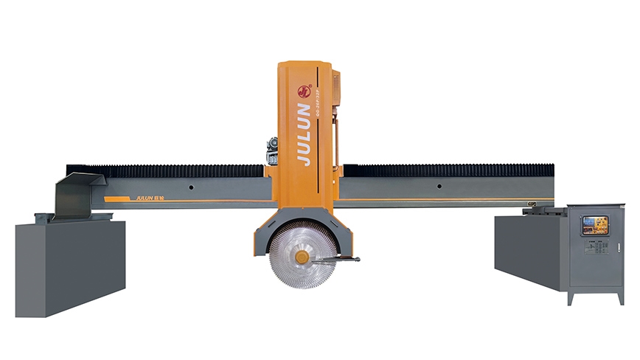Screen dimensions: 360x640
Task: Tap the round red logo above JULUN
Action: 303,91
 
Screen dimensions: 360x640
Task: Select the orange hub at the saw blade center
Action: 301,257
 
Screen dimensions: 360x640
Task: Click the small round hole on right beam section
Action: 439,187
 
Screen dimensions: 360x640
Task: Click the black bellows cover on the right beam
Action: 442,170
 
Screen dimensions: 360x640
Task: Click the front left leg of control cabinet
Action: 571,298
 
